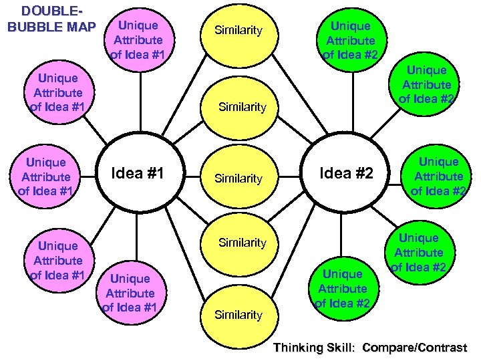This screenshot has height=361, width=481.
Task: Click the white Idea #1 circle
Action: coord(137,174)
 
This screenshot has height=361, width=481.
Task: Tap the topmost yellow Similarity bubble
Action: coord(238,31)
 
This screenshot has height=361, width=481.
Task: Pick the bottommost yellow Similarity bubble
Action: coord(238,314)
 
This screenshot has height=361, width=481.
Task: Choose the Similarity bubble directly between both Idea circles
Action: coord(238,178)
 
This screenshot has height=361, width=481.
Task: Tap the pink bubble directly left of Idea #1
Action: coord(45,176)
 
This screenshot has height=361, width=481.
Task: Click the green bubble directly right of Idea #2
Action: coord(438,176)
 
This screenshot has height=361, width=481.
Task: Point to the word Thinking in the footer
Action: coord(300,347)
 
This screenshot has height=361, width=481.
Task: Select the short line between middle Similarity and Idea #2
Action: coord(289,177)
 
